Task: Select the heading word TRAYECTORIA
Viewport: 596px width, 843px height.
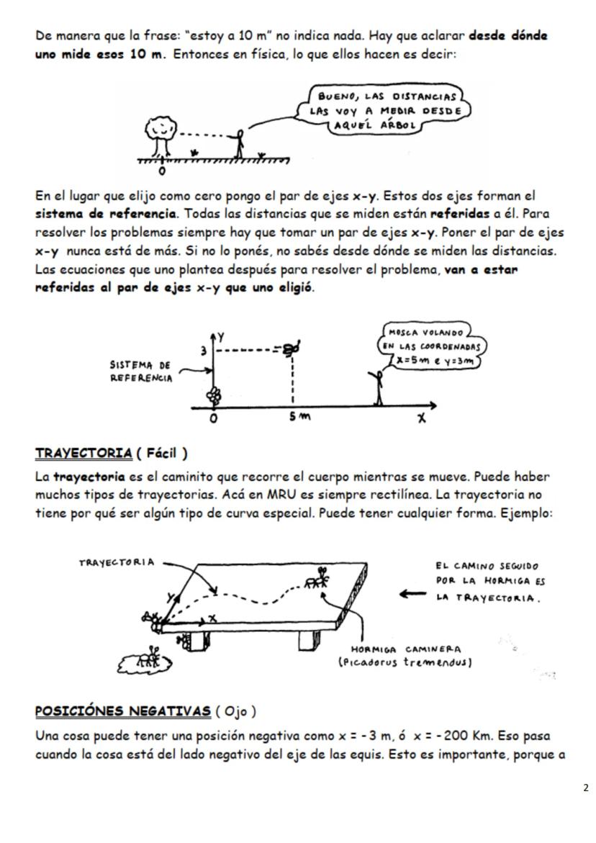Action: [83, 454]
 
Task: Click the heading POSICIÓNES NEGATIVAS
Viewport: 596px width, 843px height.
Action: [122, 712]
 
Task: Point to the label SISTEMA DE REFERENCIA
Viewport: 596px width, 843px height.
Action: [140, 371]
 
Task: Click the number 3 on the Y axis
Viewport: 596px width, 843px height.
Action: [204, 351]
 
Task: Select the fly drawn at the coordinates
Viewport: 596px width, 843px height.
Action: [291, 348]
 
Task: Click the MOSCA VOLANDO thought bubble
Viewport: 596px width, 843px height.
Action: [433, 347]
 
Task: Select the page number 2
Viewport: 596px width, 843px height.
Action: [586, 788]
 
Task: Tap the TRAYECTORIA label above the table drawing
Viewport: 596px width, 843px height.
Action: [118, 561]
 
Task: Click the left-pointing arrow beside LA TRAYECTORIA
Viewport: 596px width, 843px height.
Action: [412, 595]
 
